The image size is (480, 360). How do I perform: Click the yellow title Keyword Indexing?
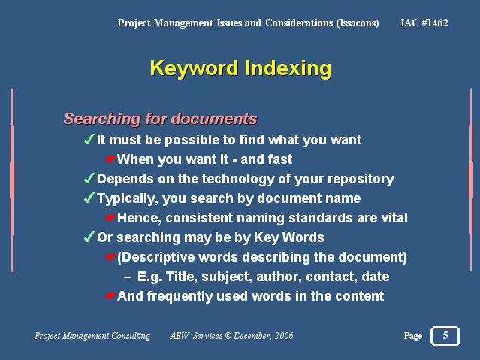(x=240, y=68)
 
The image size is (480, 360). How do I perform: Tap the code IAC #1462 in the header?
(x=424, y=23)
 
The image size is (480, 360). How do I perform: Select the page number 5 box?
(x=445, y=336)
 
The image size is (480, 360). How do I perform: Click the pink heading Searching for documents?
(x=160, y=119)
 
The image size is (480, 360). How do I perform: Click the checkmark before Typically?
(x=89, y=198)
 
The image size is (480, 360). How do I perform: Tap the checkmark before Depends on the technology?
(x=89, y=179)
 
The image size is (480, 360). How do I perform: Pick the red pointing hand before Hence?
(x=110, y=218)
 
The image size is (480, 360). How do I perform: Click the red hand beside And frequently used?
(x=110, y=296)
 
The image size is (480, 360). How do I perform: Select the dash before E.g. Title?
(x=128, y=277)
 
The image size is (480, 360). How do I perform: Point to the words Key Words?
(x=288, y=237)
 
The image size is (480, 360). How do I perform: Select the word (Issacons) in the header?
(x=358, y=23)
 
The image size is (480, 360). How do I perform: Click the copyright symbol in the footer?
(x=228, y=336)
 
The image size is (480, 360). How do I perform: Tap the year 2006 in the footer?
(x=284, y=336)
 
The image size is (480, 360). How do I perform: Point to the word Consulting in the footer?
(x=131, y=336)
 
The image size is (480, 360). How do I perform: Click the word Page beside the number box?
(x=413, y=336)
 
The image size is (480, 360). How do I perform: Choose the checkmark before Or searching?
(x=89, y=237)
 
